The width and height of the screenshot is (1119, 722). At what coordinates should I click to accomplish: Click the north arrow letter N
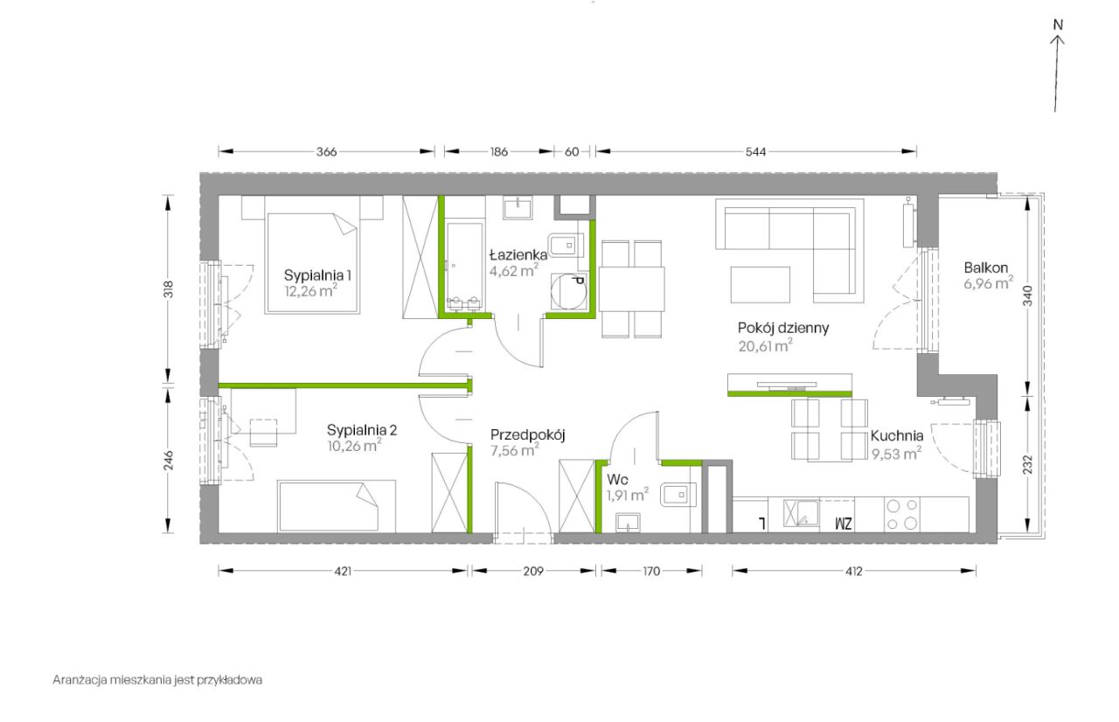tap(1058, 24)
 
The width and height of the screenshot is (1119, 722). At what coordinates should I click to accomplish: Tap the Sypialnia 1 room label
tap(317, 275)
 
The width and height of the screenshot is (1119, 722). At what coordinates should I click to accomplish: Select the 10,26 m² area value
tap(354, 445)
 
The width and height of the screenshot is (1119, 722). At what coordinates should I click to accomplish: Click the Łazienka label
tap(518, 254)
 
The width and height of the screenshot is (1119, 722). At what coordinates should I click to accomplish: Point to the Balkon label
tap(985, 267)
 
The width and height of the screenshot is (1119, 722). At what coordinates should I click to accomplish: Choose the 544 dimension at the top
tap(755, 152)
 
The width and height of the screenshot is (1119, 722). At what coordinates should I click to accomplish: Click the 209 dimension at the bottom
tap(533, 571)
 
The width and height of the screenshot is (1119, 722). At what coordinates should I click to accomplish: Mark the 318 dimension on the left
tap(169, 289)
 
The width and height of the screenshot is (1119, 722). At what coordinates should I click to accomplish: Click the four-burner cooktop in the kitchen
tap(901, 514)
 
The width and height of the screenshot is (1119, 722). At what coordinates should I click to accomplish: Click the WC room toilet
tap(678, 495)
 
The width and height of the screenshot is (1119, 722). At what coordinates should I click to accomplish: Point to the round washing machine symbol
tap(568, 291)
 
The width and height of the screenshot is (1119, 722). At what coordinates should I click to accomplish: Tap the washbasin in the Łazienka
tap(518, 207)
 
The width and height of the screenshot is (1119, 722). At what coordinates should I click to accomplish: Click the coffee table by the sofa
tap(760, 285)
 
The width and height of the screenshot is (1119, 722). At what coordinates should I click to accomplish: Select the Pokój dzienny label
tap(782, 328)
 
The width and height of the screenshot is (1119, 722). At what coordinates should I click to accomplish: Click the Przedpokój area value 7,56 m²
tap(514, 450)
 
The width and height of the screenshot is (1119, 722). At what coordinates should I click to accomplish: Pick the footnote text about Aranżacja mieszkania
tap(157, 679)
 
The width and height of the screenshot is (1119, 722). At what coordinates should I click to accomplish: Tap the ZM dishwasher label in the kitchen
tap(844, 524)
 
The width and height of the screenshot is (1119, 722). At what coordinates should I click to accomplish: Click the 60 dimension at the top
tap(572, 152)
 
